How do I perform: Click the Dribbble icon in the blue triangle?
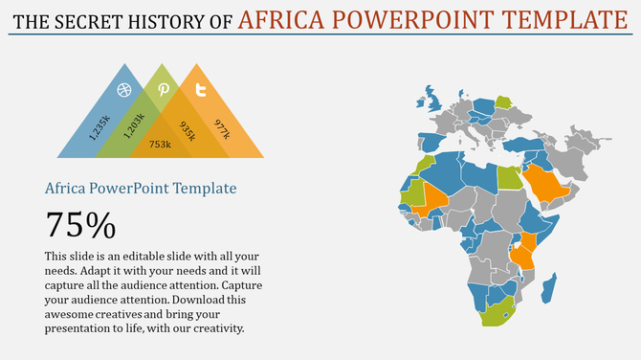[x=123, y=90]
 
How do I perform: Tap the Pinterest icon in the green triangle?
[x=164, y=89]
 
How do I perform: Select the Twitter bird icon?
[x=201, y=90]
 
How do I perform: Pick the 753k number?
[x=160, y=145]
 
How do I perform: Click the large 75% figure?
[x=80, y=225]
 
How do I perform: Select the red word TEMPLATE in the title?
[x=558, y=18]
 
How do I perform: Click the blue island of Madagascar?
[x=548, y=287]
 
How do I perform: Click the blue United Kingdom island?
[x=430, y=101]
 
